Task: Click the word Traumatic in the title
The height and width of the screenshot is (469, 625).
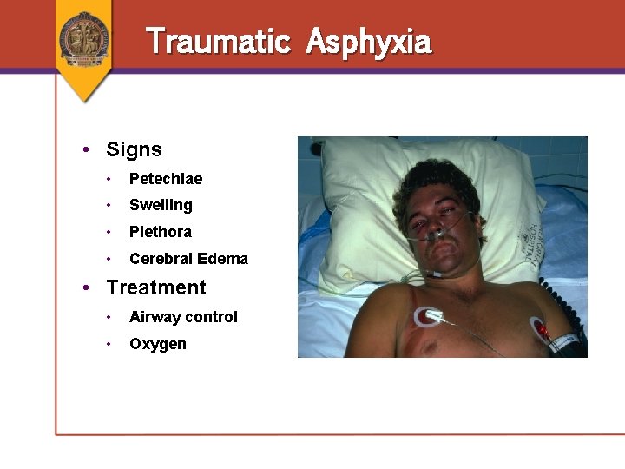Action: point(217,41)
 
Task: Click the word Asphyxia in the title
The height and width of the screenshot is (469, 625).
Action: point(368,42)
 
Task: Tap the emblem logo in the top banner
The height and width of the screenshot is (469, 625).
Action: point(84,38)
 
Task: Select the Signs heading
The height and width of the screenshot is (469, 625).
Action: point(134,149)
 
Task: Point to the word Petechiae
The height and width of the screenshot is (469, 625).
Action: point(166,179)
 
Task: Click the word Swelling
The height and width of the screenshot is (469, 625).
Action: point(161,206)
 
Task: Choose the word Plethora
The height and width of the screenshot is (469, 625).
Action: point(161,232)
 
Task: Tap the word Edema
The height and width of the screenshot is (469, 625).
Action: point(223,259)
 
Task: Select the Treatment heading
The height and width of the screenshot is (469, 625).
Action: point(156,287)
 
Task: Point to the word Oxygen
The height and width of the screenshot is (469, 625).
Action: point(158,344)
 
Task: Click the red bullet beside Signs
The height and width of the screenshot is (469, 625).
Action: point(87,149)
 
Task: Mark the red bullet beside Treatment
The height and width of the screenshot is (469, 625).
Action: point(87,287)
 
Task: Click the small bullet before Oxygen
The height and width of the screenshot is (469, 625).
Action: point(109,344)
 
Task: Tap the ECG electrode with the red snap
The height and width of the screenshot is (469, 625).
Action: point(541,330)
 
